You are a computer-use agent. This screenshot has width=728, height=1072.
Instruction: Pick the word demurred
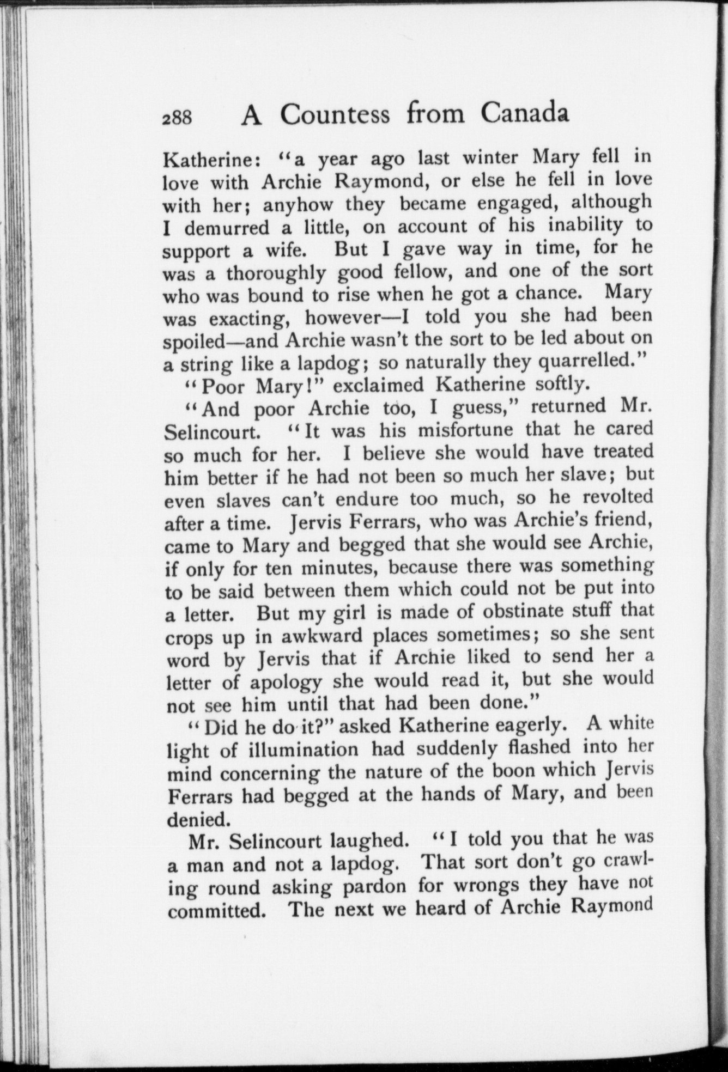coord(227,227)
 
